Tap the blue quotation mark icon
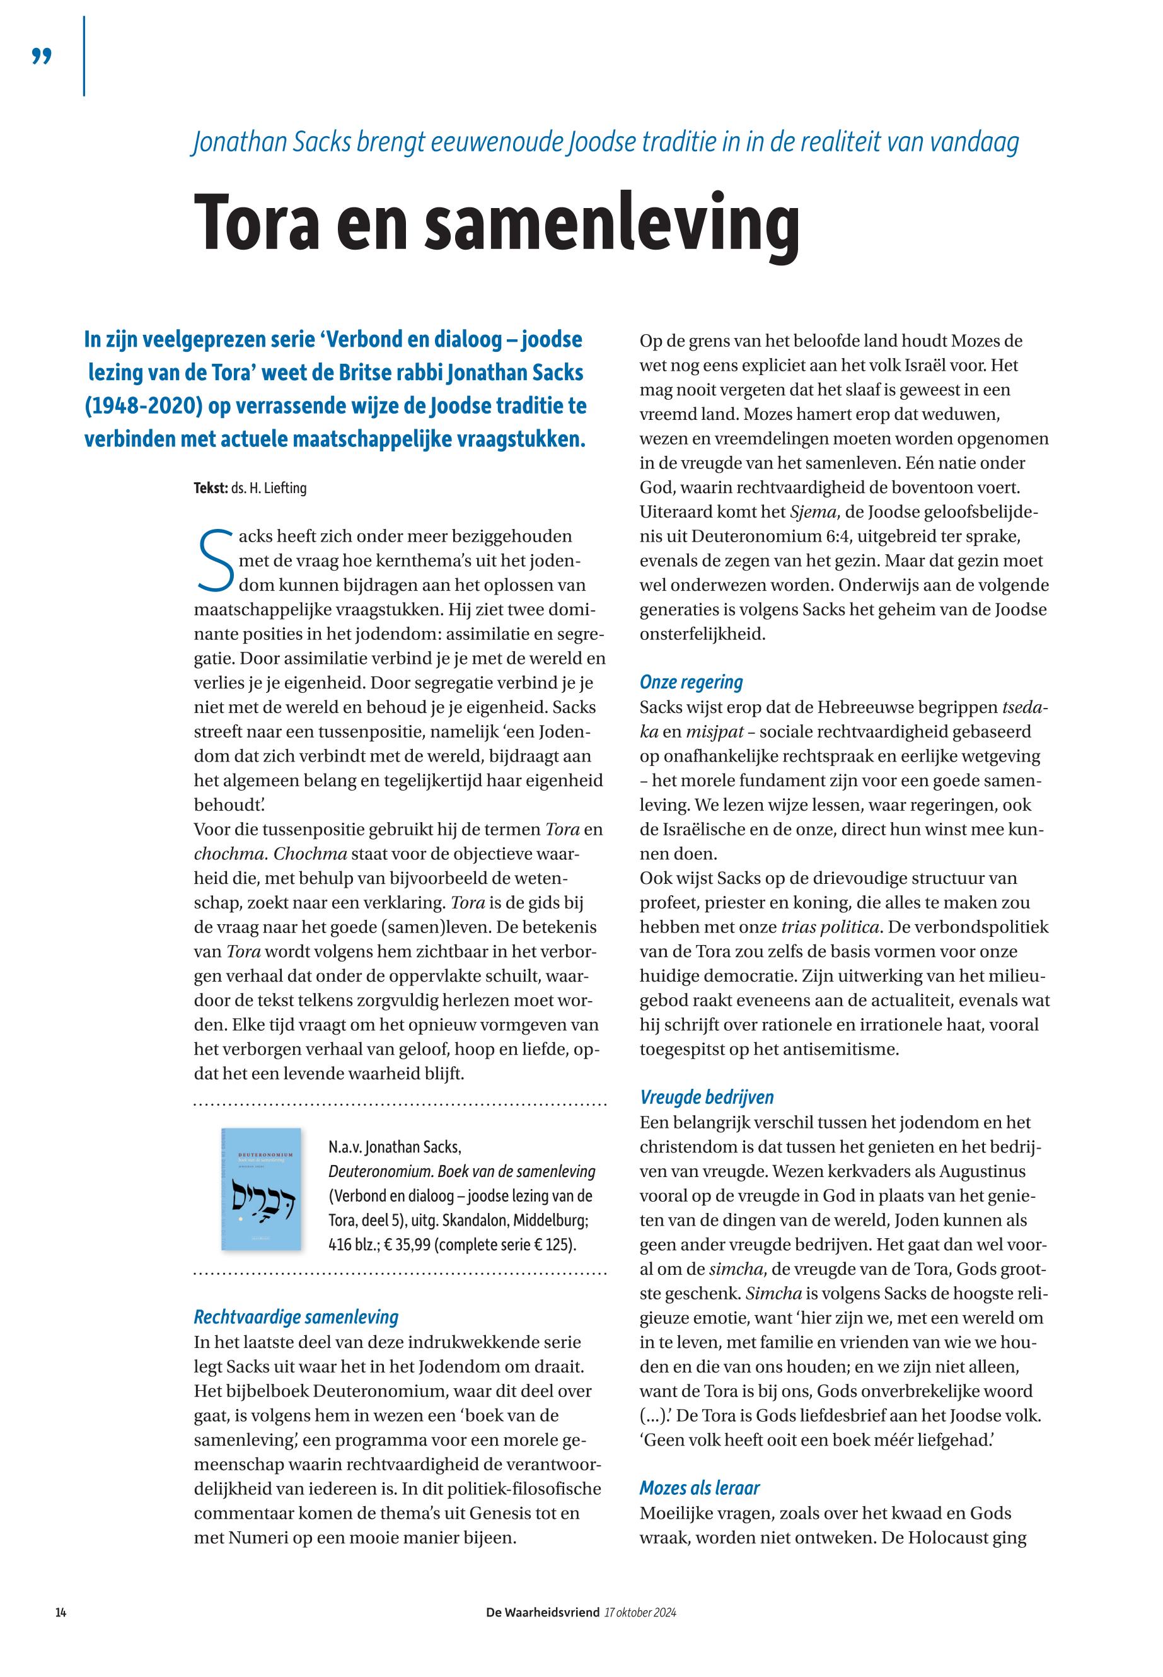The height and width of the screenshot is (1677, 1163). tap(42, 56)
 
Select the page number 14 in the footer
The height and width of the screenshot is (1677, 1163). tap(61, 1612)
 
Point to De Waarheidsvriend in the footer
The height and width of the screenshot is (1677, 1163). tap(543, 1612)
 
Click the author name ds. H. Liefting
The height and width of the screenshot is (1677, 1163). tap(269, 489)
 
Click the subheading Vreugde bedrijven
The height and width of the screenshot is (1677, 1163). tap(707, 1098)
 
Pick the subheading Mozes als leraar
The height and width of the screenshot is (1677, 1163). tap(700, 1488)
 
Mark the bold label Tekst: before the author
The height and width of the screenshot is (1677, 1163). tap(210, 489)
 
